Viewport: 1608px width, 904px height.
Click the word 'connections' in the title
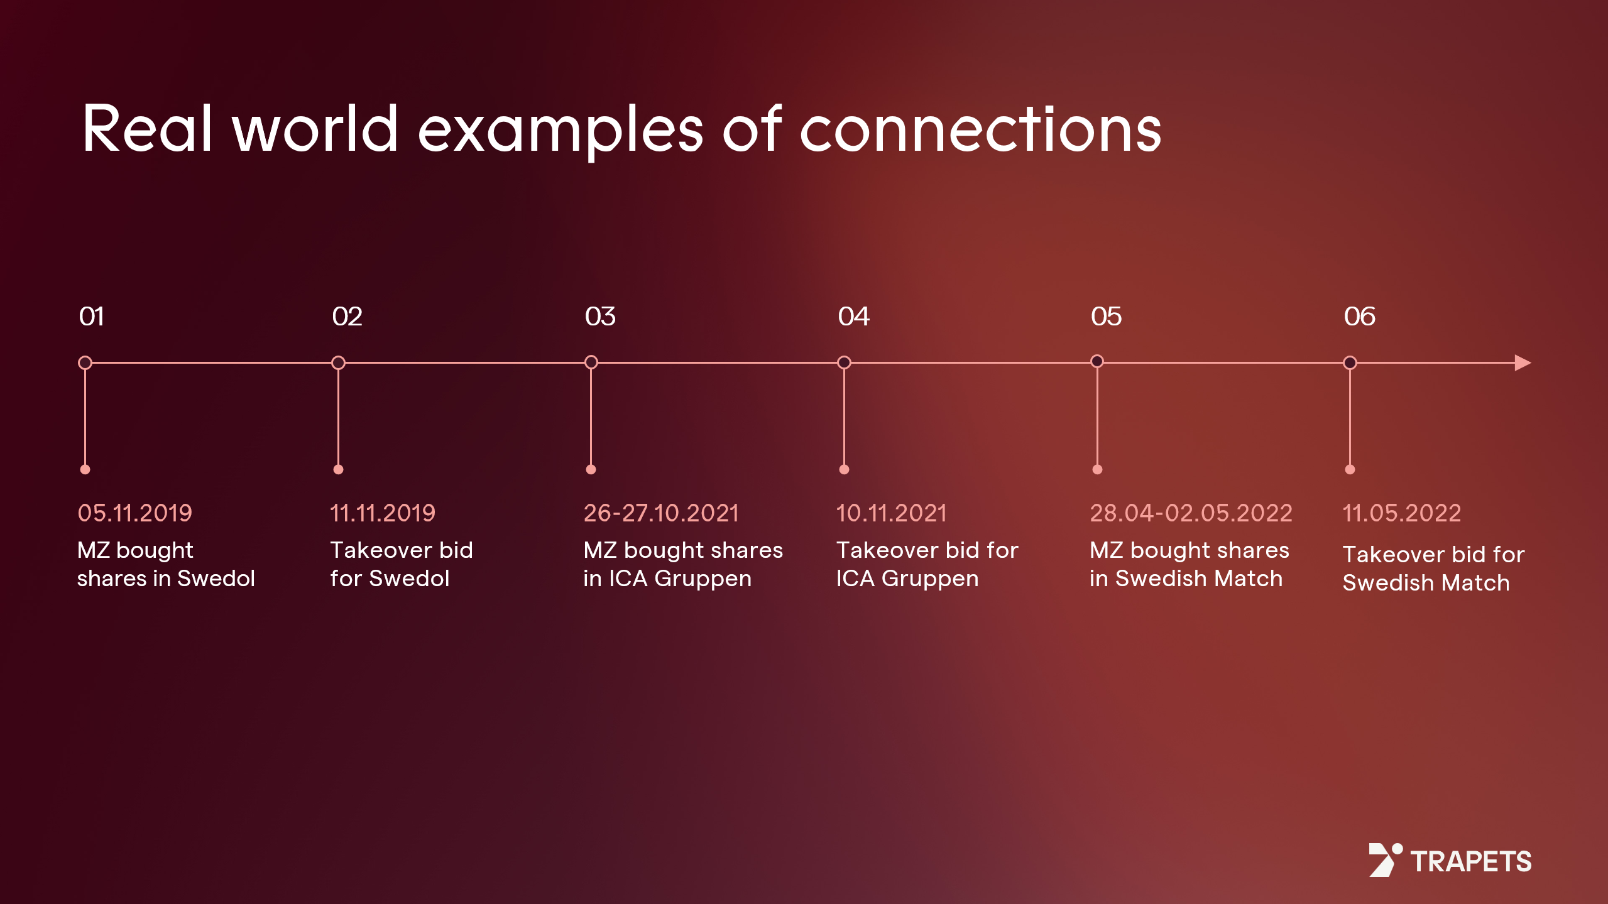[980, 130]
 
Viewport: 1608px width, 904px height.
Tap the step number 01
[92, 316]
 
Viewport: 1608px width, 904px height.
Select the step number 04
[853, 316]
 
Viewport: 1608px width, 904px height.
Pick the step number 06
[1359, 316]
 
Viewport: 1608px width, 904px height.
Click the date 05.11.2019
[134, 513]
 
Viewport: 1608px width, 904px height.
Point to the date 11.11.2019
[383, 513]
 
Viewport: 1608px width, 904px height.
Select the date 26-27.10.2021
[661, 513]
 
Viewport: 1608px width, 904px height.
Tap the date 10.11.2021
[891, 513]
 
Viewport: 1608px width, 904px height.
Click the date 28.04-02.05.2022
[1191, 513]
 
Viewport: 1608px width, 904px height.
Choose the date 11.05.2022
[1401, 513]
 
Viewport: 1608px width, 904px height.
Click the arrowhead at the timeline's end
[1523, 362]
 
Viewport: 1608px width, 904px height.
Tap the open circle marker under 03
[591, 362]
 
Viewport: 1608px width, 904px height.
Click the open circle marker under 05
[1097, 362]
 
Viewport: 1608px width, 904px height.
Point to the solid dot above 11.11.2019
[338, 469]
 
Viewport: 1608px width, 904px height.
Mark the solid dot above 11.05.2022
[1350, 469]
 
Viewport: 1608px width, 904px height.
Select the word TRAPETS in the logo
[1470, 861]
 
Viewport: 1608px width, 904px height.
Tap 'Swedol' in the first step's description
[216, 579]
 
